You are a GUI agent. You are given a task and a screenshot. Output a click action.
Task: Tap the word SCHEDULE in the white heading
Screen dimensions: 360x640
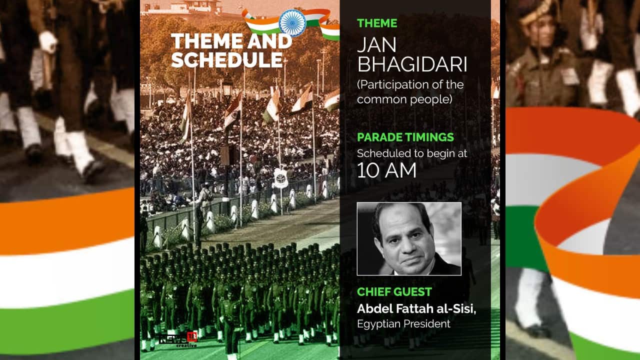tap(226, 59)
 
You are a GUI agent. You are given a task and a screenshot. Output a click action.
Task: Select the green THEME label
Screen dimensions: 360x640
tap(377, 23)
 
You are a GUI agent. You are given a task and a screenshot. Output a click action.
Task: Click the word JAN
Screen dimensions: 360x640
tap(376, 45)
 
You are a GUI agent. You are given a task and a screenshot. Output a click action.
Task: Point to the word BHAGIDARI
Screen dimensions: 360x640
tap(412, 65)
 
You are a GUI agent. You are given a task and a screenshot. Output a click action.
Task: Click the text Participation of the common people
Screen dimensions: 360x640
tap(410, 91)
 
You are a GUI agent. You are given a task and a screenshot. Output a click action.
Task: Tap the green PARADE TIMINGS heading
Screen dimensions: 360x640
tap(405, 137)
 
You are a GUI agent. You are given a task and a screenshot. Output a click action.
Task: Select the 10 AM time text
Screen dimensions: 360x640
tap(386, 170)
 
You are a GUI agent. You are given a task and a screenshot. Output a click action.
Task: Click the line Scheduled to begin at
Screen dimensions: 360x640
tap(412, 153)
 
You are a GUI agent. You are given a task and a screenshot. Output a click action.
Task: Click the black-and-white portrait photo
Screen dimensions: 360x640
tap(408, 238)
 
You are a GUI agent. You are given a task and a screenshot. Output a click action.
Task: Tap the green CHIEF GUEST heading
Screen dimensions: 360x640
tap(394, 292)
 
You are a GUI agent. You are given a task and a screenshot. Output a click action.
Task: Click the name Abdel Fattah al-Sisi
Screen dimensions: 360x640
tap(416, 309)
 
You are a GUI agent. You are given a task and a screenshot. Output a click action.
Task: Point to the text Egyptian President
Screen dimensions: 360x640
tap(403, 324)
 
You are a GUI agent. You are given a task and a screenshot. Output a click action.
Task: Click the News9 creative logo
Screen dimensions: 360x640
tap(178, 339)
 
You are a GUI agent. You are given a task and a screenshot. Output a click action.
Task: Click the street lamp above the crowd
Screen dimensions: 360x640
tap(227, 85)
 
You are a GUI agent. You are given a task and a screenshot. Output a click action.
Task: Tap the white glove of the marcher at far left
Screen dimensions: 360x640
tap(48, 41)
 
